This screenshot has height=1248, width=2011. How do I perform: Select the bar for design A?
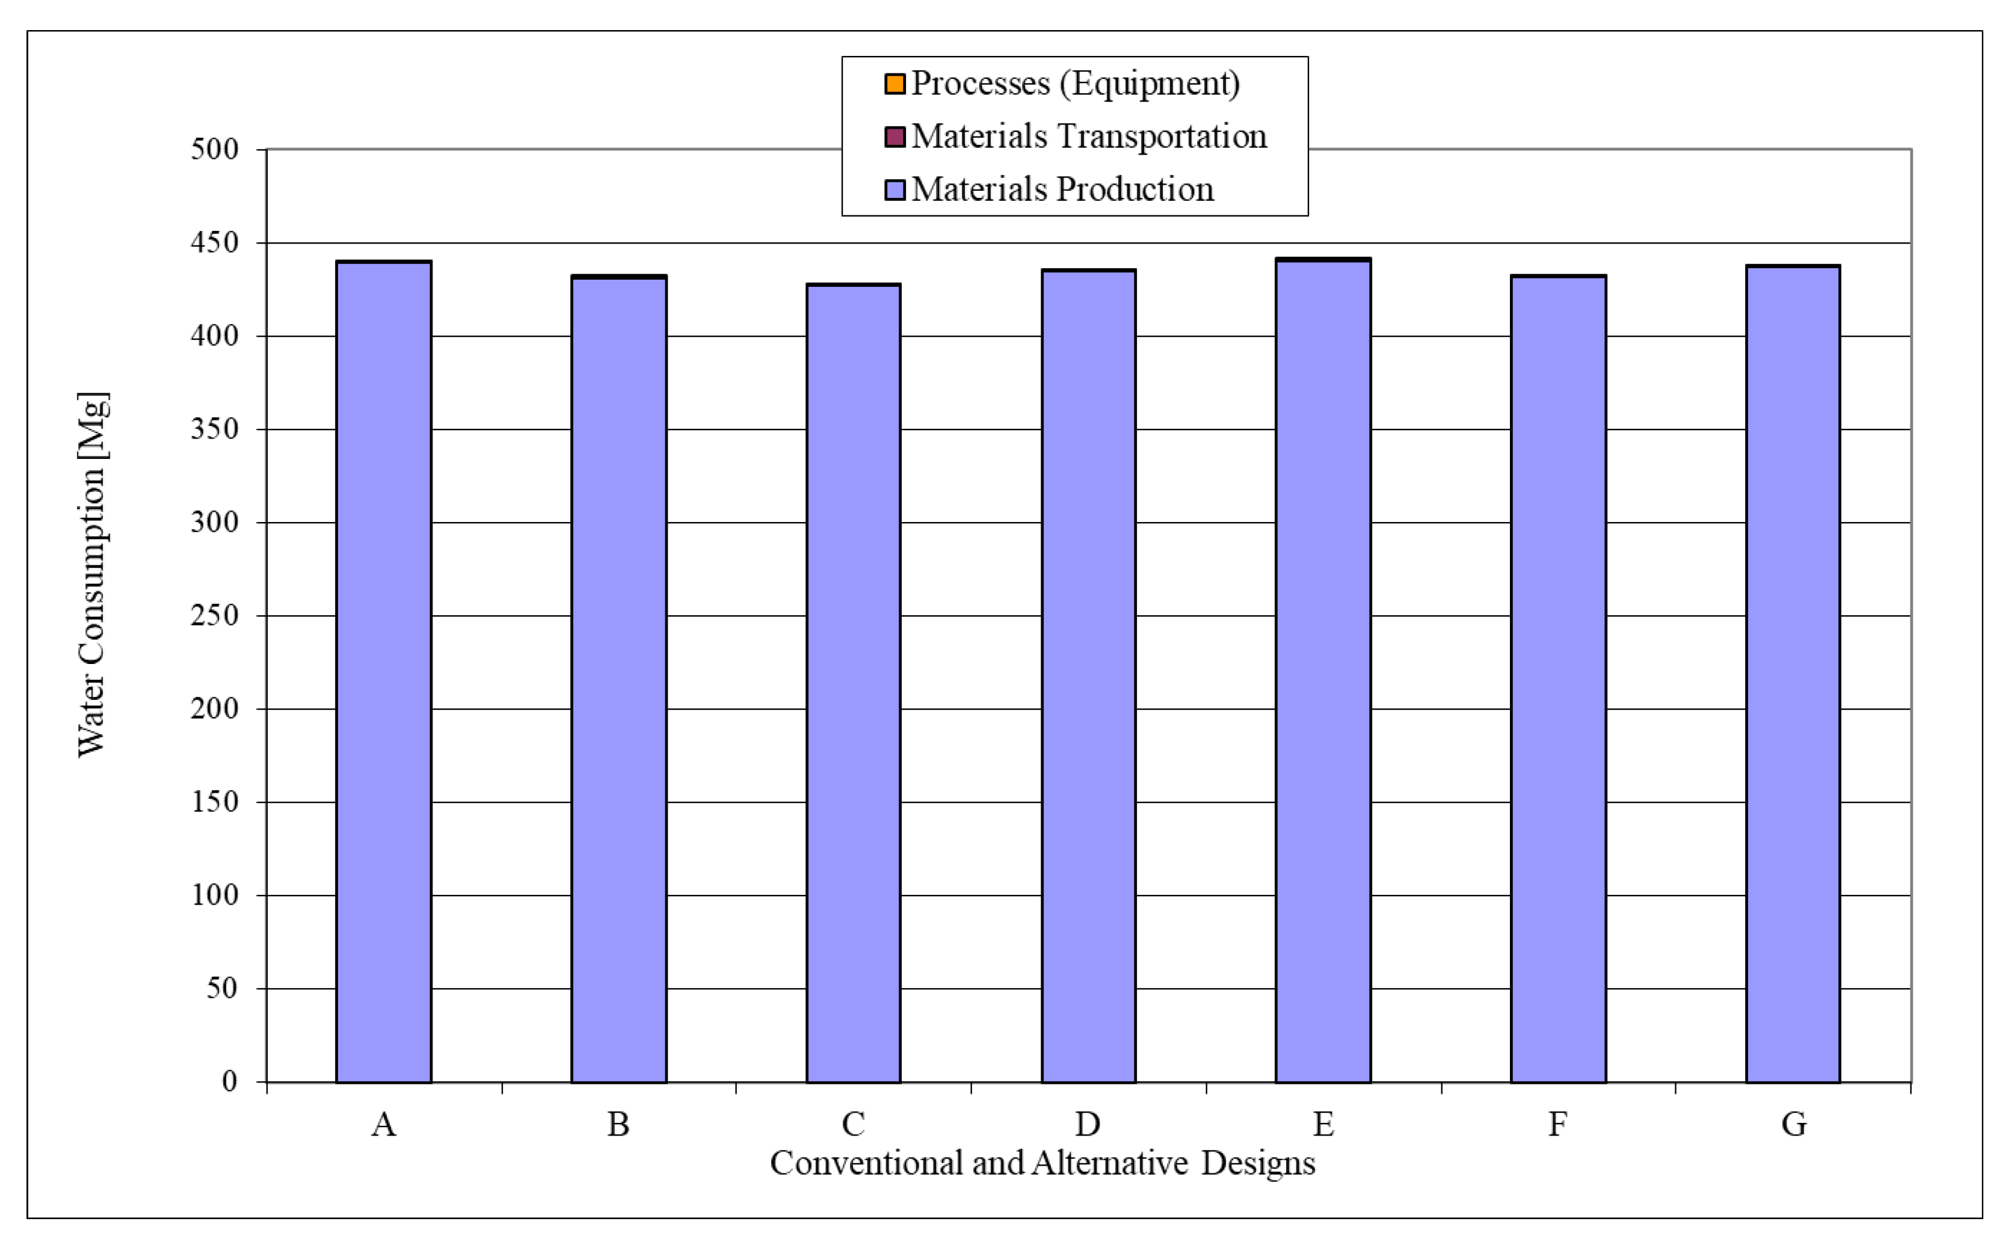point(383,672)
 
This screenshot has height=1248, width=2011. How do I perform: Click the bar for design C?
point(853,683)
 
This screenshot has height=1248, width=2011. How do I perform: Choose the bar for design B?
point(618,679)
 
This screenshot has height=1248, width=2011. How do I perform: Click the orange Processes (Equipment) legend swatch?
point(894,84)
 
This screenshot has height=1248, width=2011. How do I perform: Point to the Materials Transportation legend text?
point(1088,136)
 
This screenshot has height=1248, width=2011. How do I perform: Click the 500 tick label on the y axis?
point(214,149)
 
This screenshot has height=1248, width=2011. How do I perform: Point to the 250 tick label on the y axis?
point(214,616)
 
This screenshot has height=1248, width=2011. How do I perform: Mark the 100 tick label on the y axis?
point(214,895)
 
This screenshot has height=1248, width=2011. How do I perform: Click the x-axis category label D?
point(1087,1124)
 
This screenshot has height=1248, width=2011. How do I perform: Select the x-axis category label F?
point(1557,1124)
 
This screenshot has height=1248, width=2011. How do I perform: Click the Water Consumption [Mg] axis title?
point(91,574)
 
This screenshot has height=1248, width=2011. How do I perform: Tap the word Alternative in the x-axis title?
point(1109,1163)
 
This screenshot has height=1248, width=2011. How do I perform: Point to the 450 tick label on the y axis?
point(214,242)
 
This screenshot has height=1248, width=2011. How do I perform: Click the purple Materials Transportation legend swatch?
point(894,136)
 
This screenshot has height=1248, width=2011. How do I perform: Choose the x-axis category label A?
point(383,1124)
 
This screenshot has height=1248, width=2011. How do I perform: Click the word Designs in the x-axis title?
point(1257,1163)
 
